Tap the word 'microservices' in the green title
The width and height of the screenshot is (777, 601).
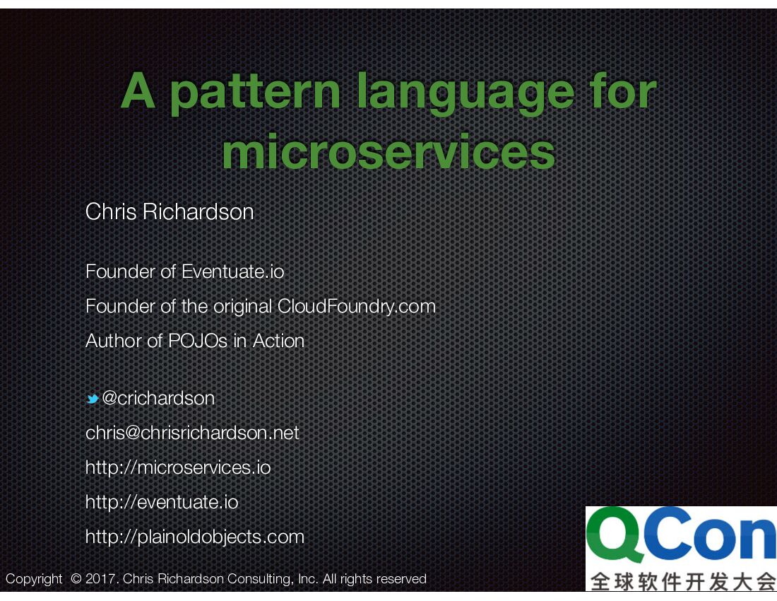point(389,152)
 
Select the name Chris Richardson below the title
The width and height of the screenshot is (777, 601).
point(170,211)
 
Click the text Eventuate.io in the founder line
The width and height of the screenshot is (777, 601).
point(232,272)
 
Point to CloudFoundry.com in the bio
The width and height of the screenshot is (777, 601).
point(356,306)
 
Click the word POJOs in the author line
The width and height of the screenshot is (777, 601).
point(198,341)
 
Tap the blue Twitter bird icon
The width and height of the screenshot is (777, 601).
point(92,399)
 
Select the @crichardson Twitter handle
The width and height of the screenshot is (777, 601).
point(158,398)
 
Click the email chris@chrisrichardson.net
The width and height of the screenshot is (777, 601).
point(192,433)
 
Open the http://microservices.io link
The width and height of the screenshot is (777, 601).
point(178,467)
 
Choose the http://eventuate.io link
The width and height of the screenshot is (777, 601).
point(162,502)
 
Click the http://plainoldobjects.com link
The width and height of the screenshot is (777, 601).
point(195,537)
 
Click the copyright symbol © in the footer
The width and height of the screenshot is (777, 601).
point(76,579)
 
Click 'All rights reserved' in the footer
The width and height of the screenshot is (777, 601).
point(374,579)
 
